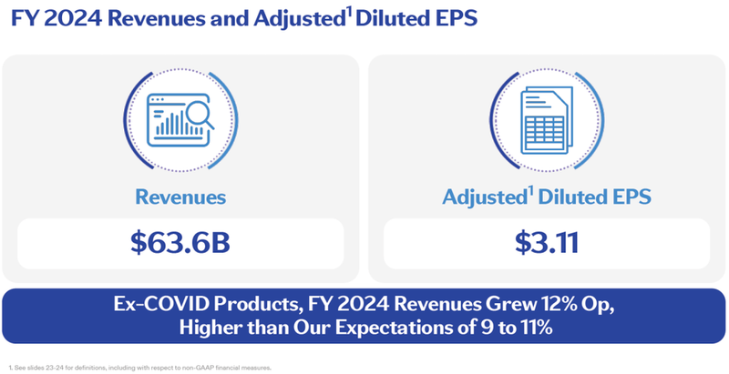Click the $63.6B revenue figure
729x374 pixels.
point(181,243)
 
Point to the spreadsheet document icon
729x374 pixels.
point(543,119)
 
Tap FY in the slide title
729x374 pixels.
point(23,19)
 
